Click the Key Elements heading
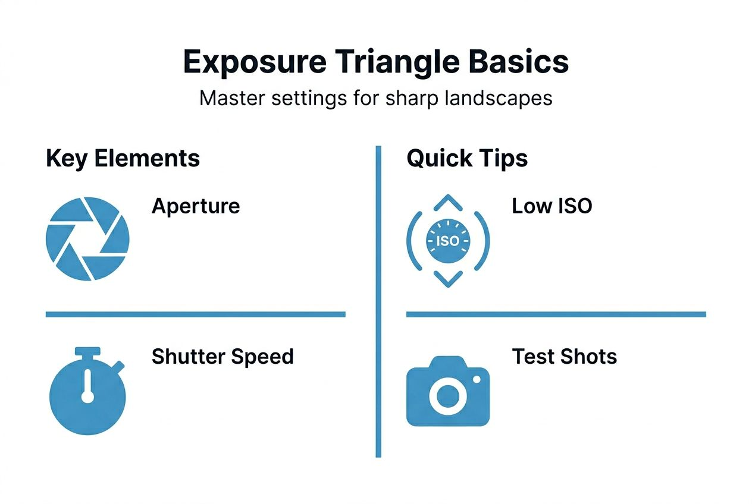click(x=123, y=159)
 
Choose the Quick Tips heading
click(x=467, y=159)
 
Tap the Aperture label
click(x=196, y=206)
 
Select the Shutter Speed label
click(x=223, y=357)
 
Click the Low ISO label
click(x=552, y=206)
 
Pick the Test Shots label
click(x=564, y=357)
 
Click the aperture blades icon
click(x=87, y=239)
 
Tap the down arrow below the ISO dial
click(x=447, y=278)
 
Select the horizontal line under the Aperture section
click(x=195, y=314)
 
